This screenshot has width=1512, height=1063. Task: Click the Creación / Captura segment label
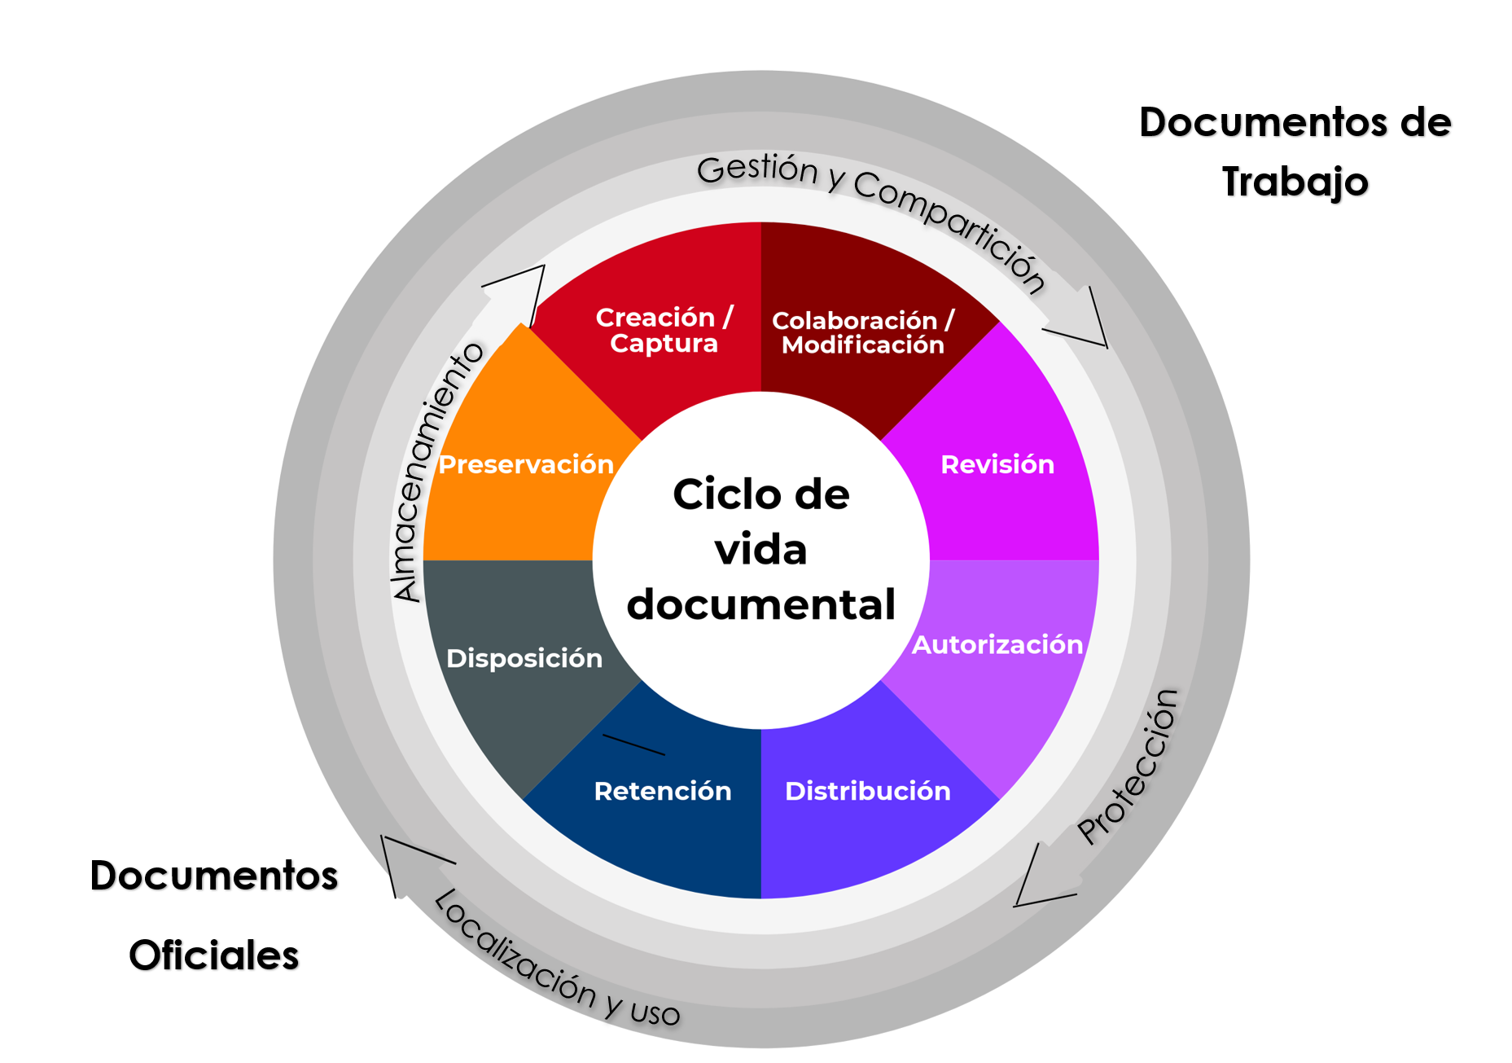[664, 330]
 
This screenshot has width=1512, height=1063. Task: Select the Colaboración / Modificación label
[862, 332]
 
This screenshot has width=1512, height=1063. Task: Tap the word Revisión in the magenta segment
[997, 464]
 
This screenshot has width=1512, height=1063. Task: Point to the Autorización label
[997, 644]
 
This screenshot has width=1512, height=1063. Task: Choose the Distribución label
[867, 791]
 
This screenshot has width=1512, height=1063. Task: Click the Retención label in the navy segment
[663, 791]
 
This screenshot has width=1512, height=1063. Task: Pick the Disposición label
[524, 658]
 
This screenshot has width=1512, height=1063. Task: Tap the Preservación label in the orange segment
[526, 464]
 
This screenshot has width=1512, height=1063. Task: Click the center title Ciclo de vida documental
[761, 550]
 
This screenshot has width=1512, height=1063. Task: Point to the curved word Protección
[1129, 766]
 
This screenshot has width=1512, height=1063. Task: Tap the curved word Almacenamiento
[436, 472]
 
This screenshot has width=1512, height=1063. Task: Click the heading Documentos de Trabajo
[1295, 152]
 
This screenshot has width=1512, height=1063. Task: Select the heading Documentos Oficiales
[214, 916]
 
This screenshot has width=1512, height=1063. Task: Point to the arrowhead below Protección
[1042, 880]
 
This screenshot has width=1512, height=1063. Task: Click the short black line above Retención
[633, 745]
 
